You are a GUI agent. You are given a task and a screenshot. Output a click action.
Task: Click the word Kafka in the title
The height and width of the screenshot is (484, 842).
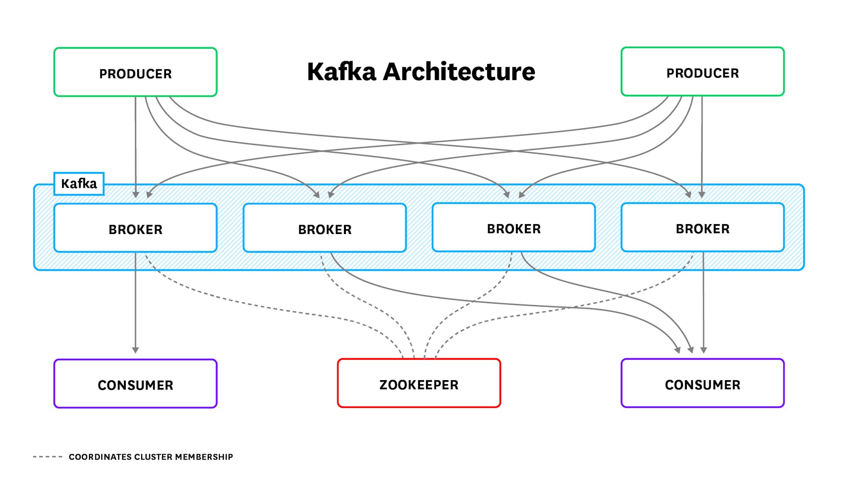coord(341,72)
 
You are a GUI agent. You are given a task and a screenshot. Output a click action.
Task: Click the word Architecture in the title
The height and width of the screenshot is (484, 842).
coord(458,72)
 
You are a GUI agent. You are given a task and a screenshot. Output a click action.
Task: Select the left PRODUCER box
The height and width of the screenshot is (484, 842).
coord(135,72)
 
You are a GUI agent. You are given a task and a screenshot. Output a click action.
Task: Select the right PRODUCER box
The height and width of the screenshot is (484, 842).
coord(702,72)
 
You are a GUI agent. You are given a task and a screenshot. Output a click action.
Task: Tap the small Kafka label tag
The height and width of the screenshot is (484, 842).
coord(79,184)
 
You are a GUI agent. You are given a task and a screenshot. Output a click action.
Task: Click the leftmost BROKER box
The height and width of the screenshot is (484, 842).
coord(135,228)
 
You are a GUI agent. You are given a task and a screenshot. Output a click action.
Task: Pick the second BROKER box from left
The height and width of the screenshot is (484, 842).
coord(325,228)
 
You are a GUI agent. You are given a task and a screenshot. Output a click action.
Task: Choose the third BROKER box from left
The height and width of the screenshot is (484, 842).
coord(513,228)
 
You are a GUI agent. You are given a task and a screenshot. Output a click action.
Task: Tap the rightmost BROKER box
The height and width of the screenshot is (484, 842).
coord(702,228)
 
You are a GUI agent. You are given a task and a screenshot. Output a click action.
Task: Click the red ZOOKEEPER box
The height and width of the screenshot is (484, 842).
coord(419,383)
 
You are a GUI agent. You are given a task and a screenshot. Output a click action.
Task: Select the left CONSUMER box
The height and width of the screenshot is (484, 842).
coord(135,384)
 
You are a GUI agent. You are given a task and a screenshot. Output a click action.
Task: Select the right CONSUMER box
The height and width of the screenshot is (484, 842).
coord(702,383)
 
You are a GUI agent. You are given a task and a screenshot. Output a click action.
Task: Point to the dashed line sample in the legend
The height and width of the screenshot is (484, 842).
coord(48,457)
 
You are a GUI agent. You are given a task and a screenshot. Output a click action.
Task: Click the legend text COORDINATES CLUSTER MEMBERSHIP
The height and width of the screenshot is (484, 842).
coord(151,457)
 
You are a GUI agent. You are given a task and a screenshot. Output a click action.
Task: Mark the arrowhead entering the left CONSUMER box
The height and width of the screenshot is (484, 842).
coord(135,350)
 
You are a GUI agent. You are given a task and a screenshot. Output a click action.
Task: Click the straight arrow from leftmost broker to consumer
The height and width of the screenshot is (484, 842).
coord(135,303)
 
